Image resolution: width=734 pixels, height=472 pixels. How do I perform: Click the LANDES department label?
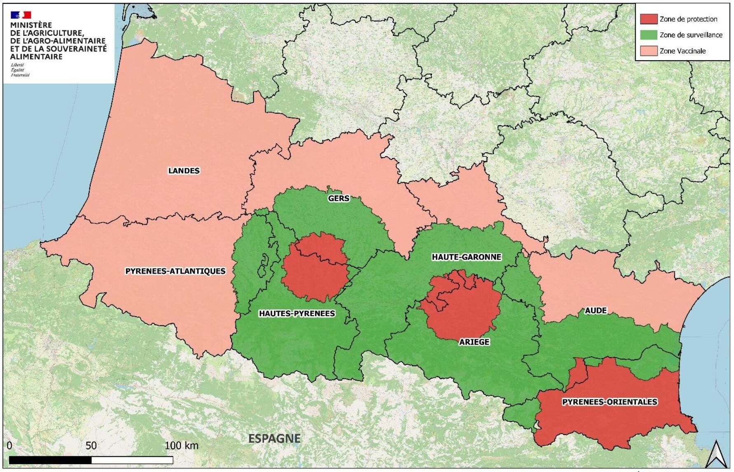point(184,171)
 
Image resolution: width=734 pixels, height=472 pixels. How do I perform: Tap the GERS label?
point(339,198)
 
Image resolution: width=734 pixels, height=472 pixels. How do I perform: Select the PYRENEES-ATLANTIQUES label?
point(175,271)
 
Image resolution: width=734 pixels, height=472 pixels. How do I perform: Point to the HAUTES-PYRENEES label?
point(297,313)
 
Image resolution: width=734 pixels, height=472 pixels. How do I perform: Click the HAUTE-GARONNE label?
point(466,257)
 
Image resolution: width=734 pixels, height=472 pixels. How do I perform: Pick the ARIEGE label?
point(474,342)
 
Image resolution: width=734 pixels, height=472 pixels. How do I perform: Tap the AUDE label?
point(596,311)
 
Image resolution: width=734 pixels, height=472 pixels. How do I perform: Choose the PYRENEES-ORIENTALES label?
point(610,402)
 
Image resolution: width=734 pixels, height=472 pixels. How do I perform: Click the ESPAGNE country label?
point(274,438)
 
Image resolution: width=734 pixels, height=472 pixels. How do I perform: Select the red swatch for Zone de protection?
point(648,19)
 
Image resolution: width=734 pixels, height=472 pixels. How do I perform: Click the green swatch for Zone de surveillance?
point(648,35)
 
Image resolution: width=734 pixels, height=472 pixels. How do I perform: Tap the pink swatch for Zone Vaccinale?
point(648,51)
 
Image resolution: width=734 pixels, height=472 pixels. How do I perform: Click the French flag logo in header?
point(21,15)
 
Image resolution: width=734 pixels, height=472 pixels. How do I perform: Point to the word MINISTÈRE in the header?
point(31,25)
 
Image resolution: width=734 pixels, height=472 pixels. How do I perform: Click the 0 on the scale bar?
point(9,446)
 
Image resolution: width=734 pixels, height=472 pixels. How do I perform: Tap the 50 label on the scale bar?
point(91,446)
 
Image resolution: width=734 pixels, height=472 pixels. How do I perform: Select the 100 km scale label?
point(182,446)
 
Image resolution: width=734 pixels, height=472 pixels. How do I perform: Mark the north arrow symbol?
point(716,455)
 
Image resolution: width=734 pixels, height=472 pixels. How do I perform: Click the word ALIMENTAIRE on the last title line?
point(36,56)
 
